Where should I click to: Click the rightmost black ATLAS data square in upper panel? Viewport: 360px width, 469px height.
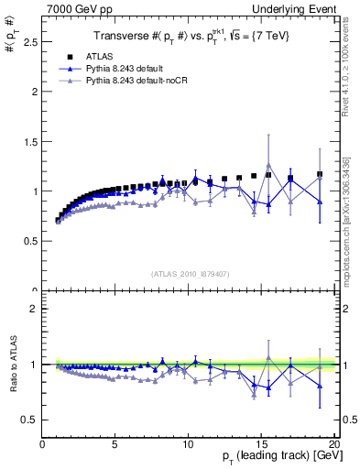(320, 174)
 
